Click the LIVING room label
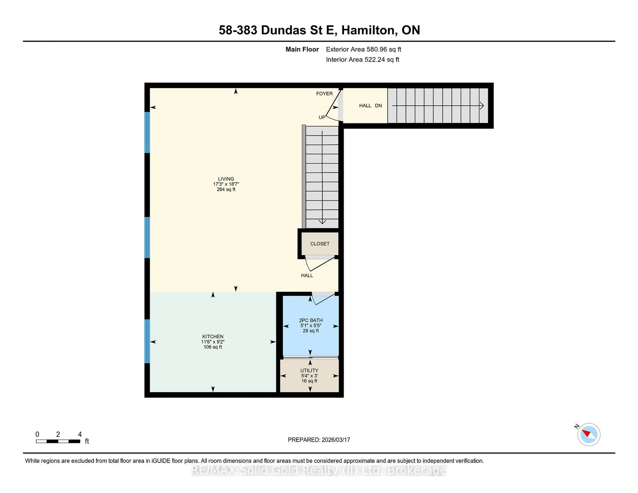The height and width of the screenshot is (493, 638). point(226,179)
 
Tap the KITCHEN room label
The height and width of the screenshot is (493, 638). point(213,337)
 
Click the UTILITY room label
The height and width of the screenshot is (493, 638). point(309,370)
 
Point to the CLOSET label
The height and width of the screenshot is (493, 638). point(320,244)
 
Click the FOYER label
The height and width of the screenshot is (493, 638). point(324,94)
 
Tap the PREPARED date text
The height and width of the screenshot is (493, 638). point(319,440)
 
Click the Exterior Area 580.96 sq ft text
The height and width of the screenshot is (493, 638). point(363,49)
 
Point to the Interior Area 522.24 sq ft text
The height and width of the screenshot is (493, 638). point(362,60)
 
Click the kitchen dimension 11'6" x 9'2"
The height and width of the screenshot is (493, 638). point(213,342)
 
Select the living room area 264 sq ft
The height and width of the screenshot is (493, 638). point(226,189)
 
